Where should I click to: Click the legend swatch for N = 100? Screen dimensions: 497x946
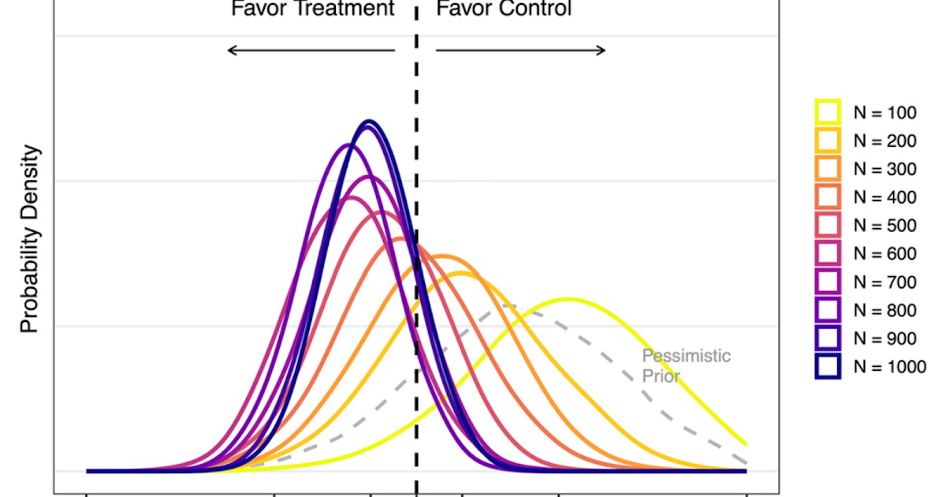click(x=828, y=112)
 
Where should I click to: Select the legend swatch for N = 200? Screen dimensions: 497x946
click(x=828, y=140)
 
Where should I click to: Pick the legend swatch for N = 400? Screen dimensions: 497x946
click(x=828, y=197)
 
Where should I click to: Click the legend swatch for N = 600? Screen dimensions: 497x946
click(x=828, y=254)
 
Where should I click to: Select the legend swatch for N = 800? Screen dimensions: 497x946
click(x=828, y=310)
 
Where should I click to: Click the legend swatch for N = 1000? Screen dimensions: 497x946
click(x=828, y=367)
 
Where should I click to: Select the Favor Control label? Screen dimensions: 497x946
click(x=504, y=9)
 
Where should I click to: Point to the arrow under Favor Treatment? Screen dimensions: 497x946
click(x=311, y=50)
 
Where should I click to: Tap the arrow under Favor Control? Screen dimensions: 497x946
click(x=520, y=50)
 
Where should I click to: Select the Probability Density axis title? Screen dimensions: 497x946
click(x=29, y=238)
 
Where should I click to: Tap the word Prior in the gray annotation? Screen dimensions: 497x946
click(x=661, y=376)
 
